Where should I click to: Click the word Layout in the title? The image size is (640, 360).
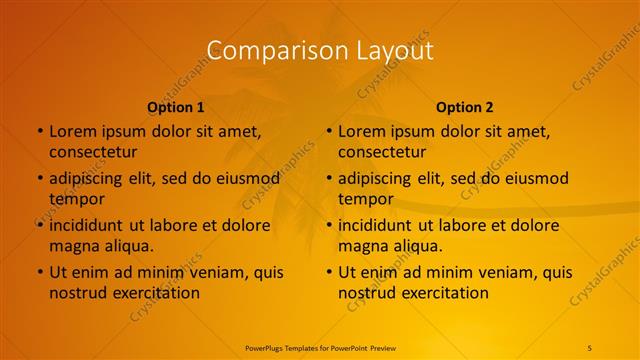coord(396,50)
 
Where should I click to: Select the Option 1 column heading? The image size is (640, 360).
coord(176,107)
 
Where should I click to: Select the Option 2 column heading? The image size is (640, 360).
coord(465,107)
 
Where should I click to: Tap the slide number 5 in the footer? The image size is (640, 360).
coord(590,347)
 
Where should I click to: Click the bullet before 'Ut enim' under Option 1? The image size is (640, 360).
coord(39,272)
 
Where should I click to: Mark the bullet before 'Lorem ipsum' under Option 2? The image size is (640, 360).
coord(328,131)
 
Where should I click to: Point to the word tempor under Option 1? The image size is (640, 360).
coord(70,199)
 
